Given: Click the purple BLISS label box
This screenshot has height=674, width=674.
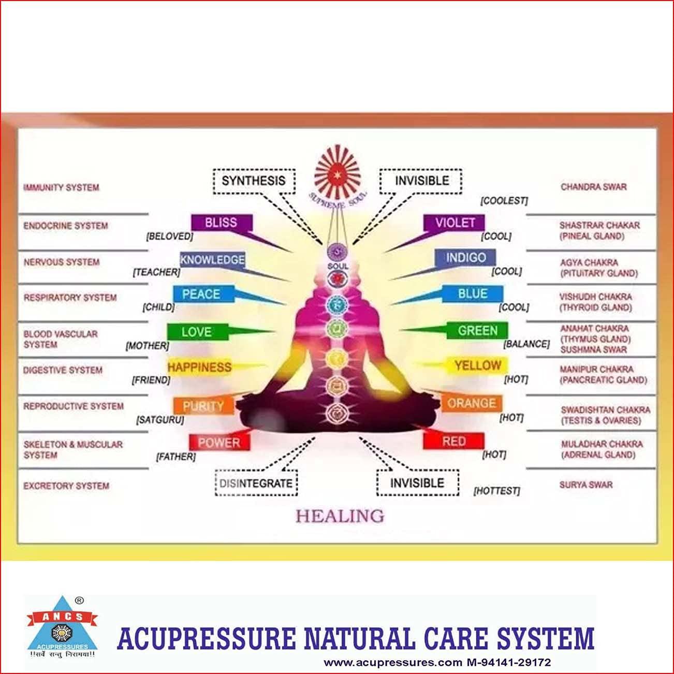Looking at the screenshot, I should point(221,223).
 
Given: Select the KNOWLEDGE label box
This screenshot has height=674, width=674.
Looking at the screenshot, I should point(212,259).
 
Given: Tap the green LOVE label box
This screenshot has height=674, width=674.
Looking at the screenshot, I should point(197,332).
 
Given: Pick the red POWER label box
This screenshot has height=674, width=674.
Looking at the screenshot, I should point(219,443).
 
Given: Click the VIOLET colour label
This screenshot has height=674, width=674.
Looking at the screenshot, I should point(455,223).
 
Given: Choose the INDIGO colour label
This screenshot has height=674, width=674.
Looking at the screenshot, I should point(465,258).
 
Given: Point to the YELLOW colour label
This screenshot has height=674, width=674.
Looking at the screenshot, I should point(477,365).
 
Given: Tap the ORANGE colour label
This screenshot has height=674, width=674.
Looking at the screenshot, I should point(471,403).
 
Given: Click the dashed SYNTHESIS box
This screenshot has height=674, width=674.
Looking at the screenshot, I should point(254,181).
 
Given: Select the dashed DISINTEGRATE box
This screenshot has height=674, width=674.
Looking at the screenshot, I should point(256,483).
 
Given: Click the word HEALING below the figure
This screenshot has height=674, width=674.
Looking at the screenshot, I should point(340,516).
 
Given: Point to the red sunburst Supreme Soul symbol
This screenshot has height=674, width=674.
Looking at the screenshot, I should point(338,172).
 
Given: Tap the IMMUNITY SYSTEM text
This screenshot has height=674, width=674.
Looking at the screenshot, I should point(61,187).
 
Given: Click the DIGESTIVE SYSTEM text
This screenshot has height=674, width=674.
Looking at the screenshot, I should point(63,370).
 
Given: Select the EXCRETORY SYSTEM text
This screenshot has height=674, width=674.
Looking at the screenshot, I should point(66,486).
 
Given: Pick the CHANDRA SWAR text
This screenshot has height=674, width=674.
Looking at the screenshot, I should point(593,186).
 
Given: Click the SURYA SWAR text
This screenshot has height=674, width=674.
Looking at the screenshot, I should point(585,485).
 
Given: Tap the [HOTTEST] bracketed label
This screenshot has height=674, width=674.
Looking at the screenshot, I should point(496,491).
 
